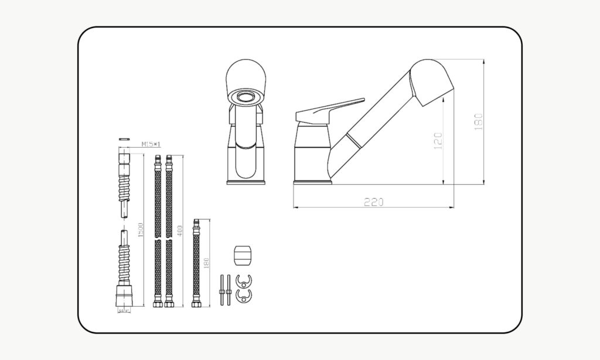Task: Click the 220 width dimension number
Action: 373,202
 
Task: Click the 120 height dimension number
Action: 438,141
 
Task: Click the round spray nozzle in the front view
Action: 246,97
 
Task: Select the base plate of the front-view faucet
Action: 246,182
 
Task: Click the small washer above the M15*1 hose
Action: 123,138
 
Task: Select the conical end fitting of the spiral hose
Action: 123,294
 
